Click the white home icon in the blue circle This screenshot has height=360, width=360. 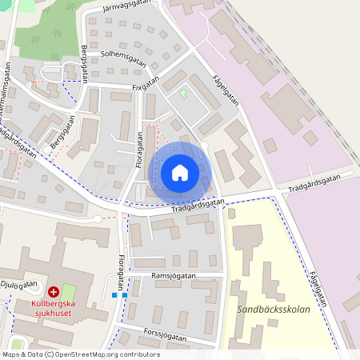coord(180,173)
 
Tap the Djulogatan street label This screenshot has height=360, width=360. coord(19,284)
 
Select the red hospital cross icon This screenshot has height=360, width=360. coord(53,293)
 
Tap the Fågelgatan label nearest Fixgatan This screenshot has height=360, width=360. coord(226,90)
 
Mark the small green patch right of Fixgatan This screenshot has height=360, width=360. coord(183,94)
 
